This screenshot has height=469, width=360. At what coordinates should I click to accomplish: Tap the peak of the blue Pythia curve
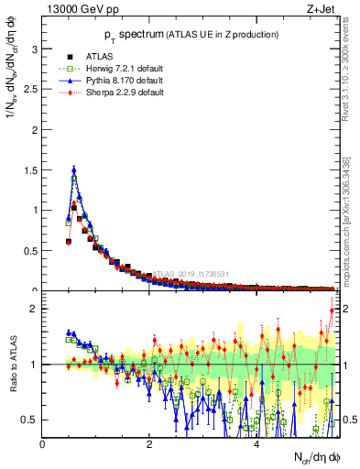point(73,169)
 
